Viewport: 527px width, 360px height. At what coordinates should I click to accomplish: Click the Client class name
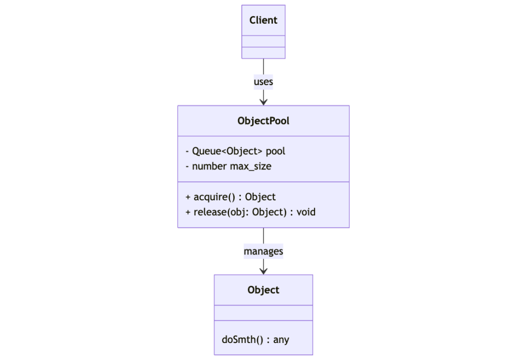263,20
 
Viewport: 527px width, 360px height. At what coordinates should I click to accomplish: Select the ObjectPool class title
263,121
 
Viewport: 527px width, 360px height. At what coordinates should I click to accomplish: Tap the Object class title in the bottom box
263,290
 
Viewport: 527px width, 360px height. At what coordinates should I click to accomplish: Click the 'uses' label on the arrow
263,81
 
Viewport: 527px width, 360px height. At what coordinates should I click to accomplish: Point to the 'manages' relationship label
263,251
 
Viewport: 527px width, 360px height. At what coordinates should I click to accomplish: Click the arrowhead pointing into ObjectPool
263,101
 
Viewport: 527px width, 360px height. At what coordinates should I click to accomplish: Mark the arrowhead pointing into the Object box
263,270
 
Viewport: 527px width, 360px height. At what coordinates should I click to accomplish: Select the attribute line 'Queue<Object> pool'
235,151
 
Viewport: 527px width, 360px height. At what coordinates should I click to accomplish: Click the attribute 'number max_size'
228,166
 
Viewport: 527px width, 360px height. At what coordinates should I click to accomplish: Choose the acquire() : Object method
230,197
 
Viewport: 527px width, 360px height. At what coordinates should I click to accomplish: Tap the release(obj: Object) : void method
250,212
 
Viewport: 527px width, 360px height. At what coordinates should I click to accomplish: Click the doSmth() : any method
255,339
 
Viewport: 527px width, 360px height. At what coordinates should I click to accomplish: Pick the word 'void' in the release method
306,212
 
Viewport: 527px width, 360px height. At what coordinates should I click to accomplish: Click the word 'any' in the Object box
281,339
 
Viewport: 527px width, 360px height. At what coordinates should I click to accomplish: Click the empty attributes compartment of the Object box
263,313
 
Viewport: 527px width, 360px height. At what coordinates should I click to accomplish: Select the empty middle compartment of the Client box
263,41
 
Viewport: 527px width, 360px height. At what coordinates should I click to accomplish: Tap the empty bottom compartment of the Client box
263,53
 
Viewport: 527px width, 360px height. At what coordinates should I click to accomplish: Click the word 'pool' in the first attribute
275,151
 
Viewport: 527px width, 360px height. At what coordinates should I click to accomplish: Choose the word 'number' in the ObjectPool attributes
209,166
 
